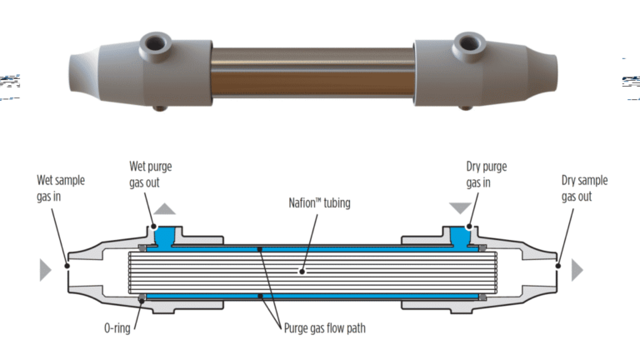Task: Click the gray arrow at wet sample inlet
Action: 42,269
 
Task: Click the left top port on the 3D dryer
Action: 156,42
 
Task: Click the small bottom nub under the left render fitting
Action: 158,107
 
